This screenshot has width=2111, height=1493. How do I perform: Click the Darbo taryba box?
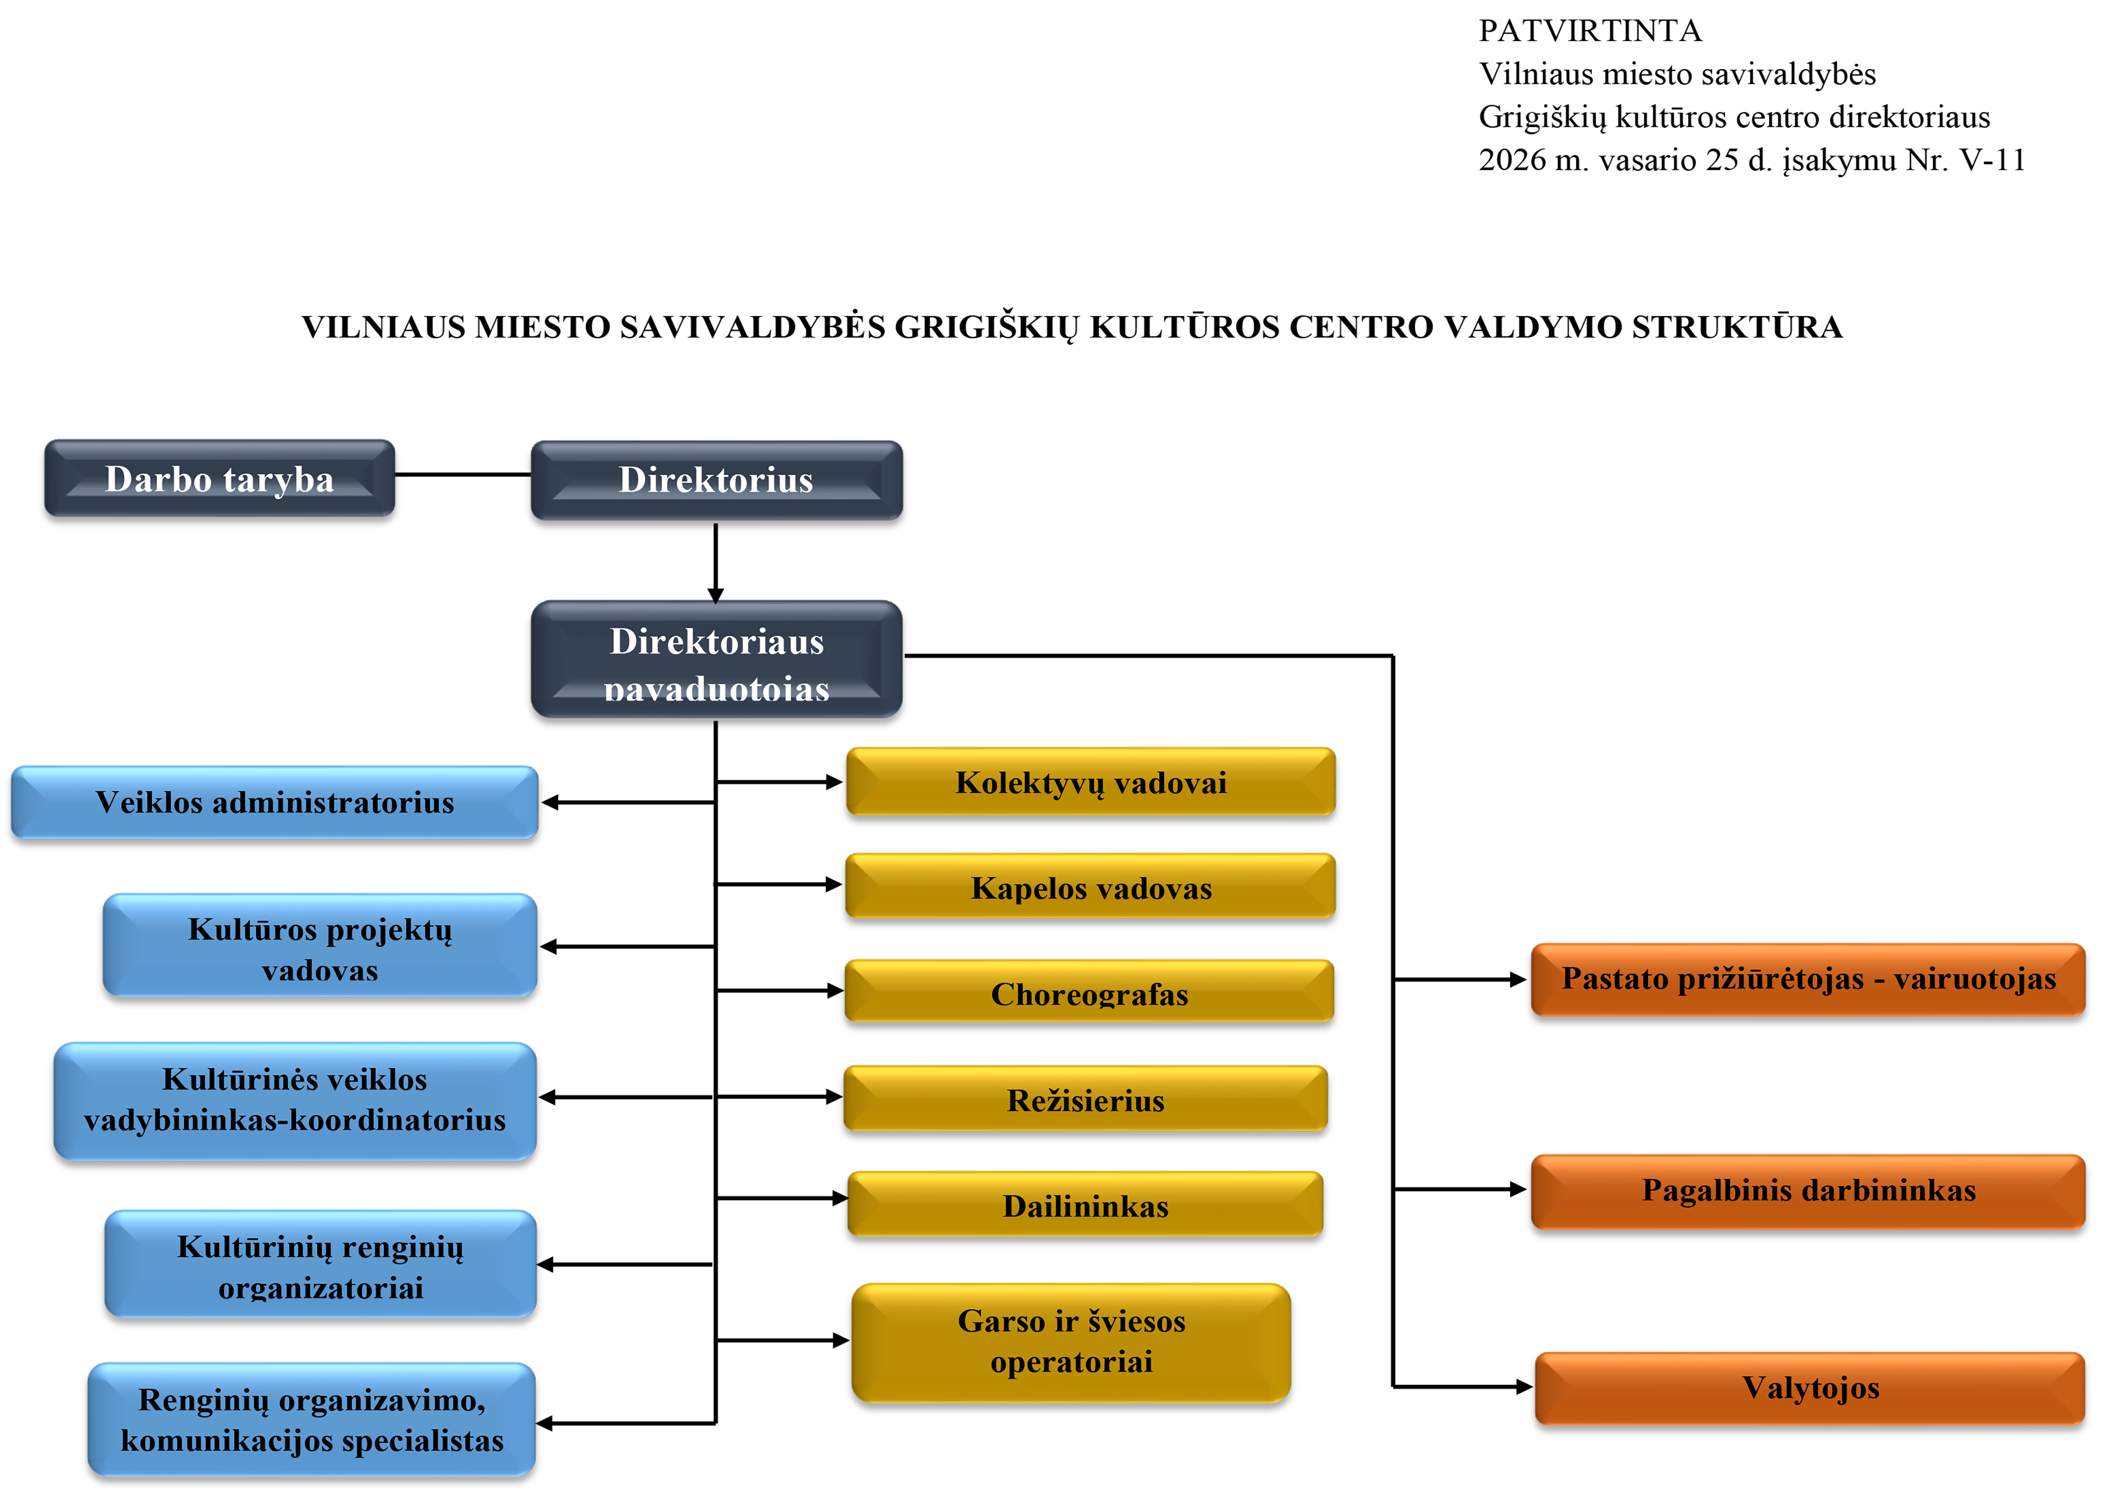tap(219, 478)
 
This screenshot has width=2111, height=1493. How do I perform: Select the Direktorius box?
tap(716, 480)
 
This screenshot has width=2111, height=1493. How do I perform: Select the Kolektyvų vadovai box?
tap(1091, 782)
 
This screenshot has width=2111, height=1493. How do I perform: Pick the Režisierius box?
tap(1085, 1099)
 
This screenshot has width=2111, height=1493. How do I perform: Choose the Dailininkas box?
tap(1085, 1205)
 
